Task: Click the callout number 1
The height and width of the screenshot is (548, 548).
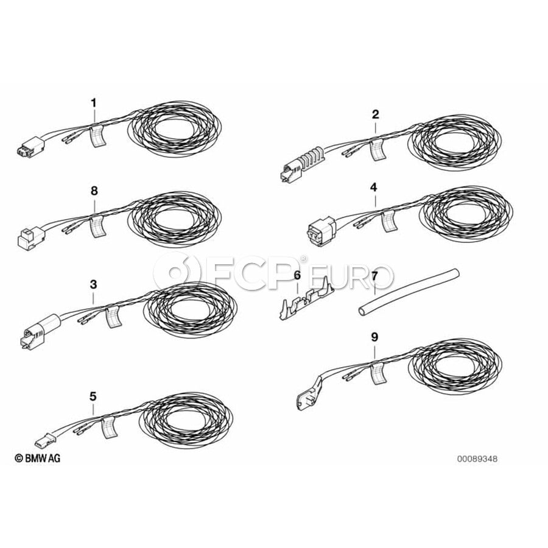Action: tap(93, 103)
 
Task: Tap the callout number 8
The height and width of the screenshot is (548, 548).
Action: tap(94, 191)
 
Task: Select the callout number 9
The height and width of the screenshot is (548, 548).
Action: tap(374, 337)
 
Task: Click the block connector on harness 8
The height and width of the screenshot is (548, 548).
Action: tap(30, 237)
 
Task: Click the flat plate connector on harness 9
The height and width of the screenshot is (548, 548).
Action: tap(310, 393)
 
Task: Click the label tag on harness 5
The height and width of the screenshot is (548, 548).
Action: tap(109, 427)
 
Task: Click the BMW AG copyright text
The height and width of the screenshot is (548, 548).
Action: tap(37, 458)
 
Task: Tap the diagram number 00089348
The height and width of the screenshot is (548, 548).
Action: tap(477, 458)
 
